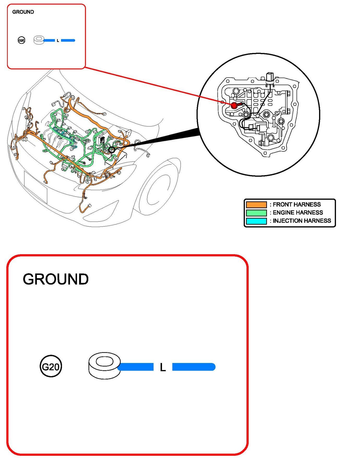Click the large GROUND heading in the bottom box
point(56,279)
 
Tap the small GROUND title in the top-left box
point(23,12)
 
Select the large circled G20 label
point(51,366)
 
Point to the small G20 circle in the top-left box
point(21,40)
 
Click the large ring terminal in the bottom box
point(104,365)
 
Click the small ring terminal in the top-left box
point(39,40)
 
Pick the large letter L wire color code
point(163,367)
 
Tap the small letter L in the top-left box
point(58,41)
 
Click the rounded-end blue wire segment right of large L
point(194,367)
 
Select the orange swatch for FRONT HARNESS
point(256,205)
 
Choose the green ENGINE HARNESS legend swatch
point(256,213)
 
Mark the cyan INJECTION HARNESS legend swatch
point(256,221)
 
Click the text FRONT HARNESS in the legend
point(297,205)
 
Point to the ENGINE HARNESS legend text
point(298,213)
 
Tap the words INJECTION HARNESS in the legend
point(302,221)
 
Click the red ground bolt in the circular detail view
point(234,105)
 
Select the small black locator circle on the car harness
point(112,150)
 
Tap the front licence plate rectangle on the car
point(36,187)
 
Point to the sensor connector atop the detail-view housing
point(269,78)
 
